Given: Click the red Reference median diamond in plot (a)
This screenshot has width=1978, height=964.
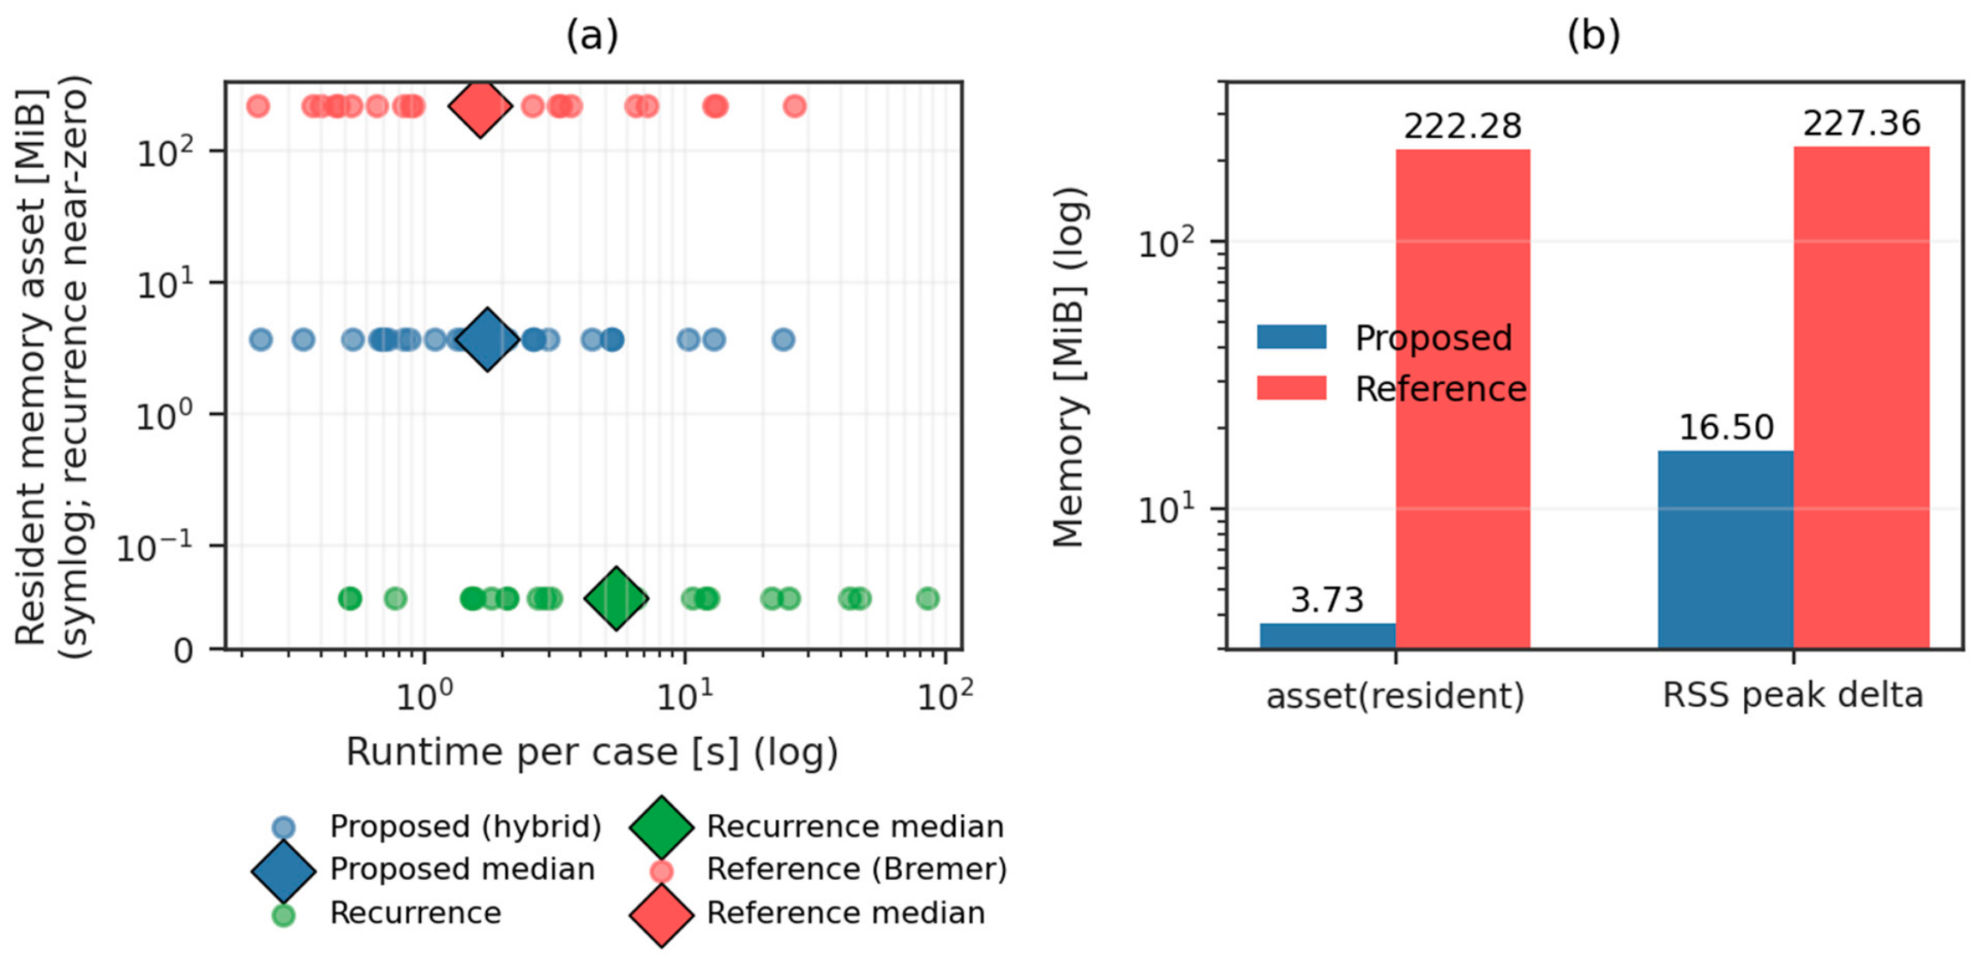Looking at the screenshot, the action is tap(480, 106).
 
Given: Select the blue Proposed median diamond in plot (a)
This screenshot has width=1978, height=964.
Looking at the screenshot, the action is tap(487, 339).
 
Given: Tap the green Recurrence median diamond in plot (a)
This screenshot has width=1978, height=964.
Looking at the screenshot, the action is tap(616, 598).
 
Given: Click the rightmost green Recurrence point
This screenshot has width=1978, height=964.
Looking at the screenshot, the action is tap(928, 598).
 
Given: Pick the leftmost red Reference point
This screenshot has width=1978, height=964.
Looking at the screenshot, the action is tap(258, 106).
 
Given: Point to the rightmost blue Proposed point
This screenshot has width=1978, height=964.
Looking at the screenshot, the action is tap(783, 339).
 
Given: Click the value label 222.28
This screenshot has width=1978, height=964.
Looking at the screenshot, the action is tap(1463, 126).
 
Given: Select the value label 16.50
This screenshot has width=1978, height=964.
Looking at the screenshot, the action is tap(1726, 427).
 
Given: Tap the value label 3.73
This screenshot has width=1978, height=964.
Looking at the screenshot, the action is tap(1327, 600).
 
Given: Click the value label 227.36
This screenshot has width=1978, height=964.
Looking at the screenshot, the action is tap(1861, 123).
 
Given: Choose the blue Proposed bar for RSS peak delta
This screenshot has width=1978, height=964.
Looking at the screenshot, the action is tap(1726, 549).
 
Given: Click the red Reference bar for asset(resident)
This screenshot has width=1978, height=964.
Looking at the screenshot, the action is tap(1463, 399).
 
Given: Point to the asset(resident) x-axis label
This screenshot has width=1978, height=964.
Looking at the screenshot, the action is tap(1396, 696).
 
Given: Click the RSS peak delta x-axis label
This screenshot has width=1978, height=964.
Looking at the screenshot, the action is tap(1793, 695).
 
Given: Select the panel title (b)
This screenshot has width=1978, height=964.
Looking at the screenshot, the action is tap(1594, 35).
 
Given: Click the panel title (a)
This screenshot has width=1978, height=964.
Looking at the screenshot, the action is tap(592, 35).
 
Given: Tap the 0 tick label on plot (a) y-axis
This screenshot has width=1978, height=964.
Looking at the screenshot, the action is tap(183, 651).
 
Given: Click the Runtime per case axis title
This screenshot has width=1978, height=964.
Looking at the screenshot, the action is tap(592, 751).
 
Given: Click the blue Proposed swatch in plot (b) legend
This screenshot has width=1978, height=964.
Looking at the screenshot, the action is tap(1291, 337).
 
